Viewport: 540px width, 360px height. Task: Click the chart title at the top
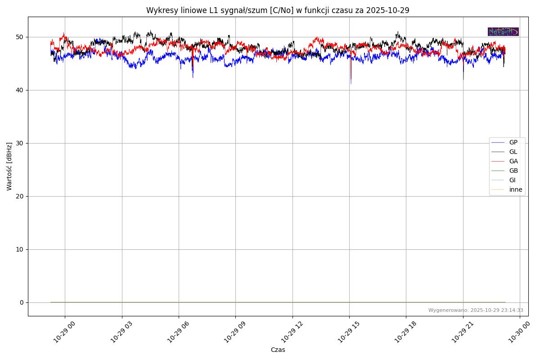coord(278,10)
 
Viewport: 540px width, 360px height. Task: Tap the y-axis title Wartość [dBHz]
coord(9,166)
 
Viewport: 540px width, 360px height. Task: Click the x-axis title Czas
coord(278,350)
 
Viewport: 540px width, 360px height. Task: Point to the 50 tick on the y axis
coord(21,37)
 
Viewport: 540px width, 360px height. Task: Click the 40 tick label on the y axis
coord(21,90)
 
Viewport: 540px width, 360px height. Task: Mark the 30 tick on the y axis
coord(21,143)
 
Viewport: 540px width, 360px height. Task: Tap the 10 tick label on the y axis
coord(21,249)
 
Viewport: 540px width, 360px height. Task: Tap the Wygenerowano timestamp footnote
coord(476,310)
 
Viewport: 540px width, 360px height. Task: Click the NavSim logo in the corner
coord(503,31)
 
